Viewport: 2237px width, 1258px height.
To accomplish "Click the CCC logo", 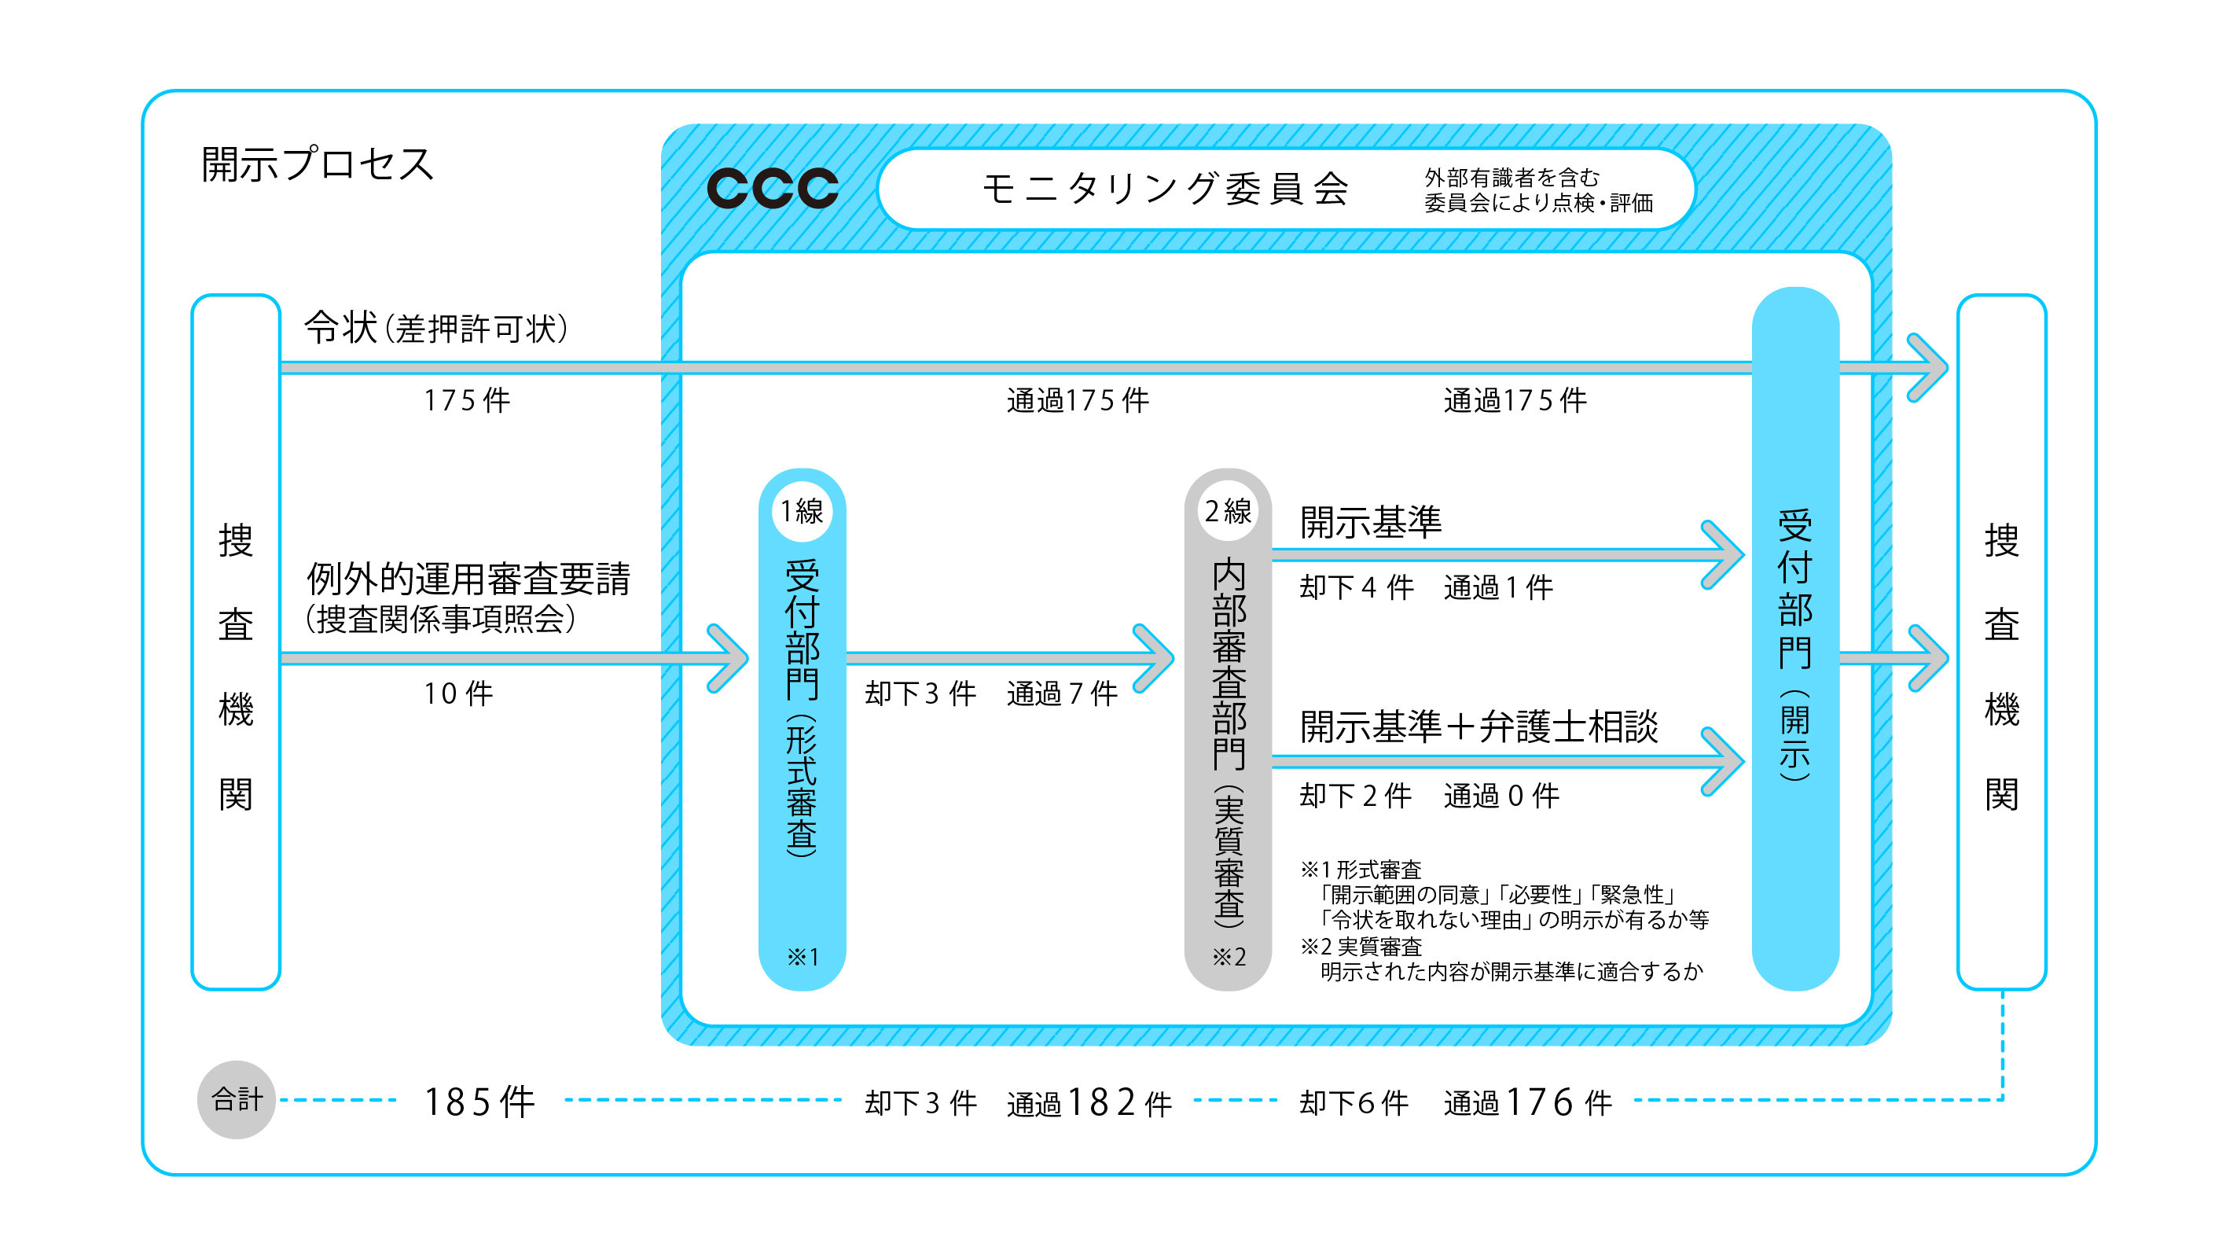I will (772, 188).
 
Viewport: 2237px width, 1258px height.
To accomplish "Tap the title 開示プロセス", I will (317, 164).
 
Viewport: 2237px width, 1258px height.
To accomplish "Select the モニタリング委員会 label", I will (1166, 189).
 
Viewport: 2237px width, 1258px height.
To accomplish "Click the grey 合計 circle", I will (237, 1100).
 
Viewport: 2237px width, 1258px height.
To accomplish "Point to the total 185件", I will (479, 1102).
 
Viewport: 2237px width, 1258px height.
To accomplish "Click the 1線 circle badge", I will (802, 511).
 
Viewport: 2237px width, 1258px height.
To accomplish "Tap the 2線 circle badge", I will (1227, 511).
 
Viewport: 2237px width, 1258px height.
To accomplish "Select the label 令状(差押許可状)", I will (436, 329).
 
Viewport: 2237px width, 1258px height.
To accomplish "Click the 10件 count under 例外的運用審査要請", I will (457, 693).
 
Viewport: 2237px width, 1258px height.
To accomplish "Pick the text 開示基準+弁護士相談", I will (1478, 726).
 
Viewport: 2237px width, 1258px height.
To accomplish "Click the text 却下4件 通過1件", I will (1426, 587).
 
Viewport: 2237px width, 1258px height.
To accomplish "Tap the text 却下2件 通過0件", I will (1428, 795).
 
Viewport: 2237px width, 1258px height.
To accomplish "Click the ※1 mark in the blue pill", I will (803, 957).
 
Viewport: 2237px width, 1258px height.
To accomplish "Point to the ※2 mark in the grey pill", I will (1228, 957).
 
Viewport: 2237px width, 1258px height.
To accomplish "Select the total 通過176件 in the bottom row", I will (1526, 1102).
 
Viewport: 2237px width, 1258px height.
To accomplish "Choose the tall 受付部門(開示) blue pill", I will (1795, 638).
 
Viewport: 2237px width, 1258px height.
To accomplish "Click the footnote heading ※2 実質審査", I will (1361, 946).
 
